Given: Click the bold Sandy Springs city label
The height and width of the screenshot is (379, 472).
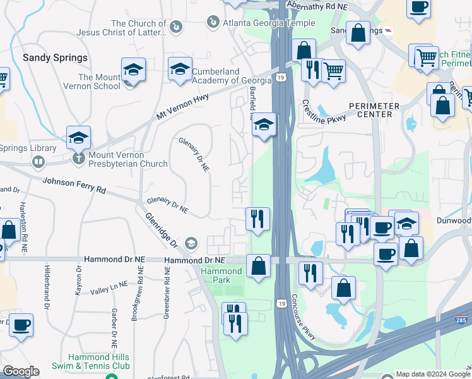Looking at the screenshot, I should [55, 57].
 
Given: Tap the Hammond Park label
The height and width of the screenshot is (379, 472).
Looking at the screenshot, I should [221, 275].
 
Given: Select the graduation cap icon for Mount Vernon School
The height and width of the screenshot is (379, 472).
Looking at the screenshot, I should [133, 69].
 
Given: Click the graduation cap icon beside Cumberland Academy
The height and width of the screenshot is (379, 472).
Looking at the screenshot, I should [180, 69].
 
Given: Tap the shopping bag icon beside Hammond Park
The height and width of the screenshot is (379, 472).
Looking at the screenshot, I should [258, 266].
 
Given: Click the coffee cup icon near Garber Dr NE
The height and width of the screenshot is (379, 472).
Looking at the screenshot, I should [21, 325].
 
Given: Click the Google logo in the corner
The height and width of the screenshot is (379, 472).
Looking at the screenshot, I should [21, 371].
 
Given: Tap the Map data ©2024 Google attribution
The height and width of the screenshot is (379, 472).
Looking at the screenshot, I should [433, 374].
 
